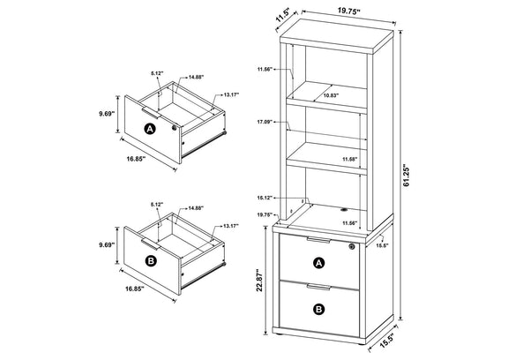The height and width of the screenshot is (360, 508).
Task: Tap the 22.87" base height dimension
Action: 259,280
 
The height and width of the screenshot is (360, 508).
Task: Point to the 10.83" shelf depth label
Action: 331,95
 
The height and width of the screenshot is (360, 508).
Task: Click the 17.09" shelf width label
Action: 263,122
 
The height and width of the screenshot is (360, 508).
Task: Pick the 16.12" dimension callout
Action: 264,198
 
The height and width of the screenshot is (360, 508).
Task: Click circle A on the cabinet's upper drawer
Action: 319,263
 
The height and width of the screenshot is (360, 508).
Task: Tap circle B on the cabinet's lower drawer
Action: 319,309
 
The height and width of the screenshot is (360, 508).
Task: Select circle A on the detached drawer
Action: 150,129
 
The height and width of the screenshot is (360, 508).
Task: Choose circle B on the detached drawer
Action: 151,261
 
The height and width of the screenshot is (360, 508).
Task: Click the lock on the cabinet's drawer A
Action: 352,246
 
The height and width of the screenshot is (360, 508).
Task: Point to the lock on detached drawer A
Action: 175,128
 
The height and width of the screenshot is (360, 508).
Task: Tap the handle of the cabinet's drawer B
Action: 318,287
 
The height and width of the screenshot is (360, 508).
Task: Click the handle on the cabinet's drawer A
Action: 318,240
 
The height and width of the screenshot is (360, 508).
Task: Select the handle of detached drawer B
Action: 151,244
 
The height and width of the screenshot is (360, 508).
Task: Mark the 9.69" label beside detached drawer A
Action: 107,114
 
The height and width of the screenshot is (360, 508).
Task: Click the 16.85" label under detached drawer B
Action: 134,289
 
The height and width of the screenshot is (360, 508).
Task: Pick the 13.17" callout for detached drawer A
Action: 231,94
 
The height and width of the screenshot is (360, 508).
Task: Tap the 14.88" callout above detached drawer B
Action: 196,208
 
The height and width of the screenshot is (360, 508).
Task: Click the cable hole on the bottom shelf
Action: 343,210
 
